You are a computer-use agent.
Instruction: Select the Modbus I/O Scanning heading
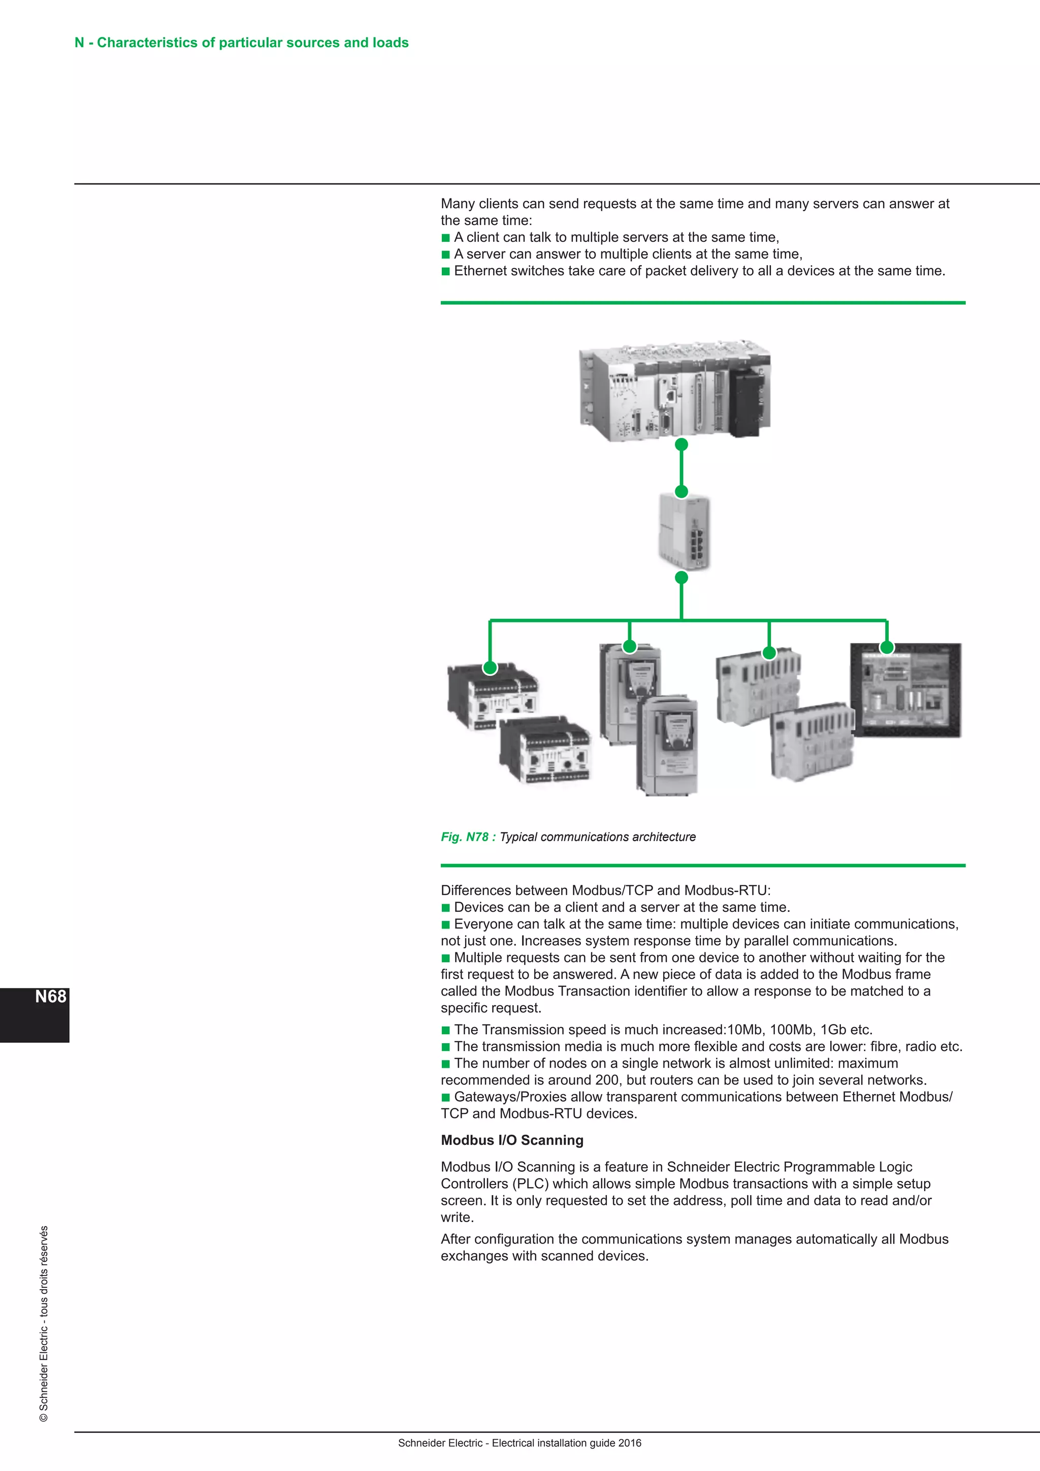pos(512,1140)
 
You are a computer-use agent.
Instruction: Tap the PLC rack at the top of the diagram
pos(674,392)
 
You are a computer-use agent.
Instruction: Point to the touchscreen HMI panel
pos(905,692)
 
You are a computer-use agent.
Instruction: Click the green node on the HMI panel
pos(886,647)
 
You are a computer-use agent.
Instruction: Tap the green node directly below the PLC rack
pos(681,444)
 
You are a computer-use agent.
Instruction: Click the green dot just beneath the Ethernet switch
pos(681,577)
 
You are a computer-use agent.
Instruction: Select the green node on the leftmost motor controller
pos(490,667)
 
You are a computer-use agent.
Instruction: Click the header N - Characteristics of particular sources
pos(241,42)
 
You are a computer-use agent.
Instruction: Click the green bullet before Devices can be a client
pos(446,908)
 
